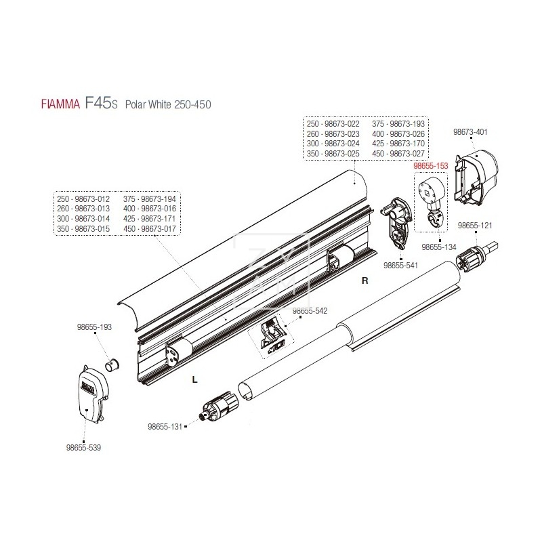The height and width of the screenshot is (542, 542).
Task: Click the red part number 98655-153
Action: [430, 165]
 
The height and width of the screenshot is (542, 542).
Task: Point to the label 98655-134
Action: [439, 247]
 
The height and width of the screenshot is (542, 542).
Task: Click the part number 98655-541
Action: [400, 266]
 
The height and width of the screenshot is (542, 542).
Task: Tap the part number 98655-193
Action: [94, 327]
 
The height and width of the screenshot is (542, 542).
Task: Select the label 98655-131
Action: [165, 427]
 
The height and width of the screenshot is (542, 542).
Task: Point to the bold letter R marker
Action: [364, 278]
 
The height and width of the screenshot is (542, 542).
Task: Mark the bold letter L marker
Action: [194, 380]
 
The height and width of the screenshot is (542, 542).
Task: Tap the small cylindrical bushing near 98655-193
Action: [112, 367]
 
